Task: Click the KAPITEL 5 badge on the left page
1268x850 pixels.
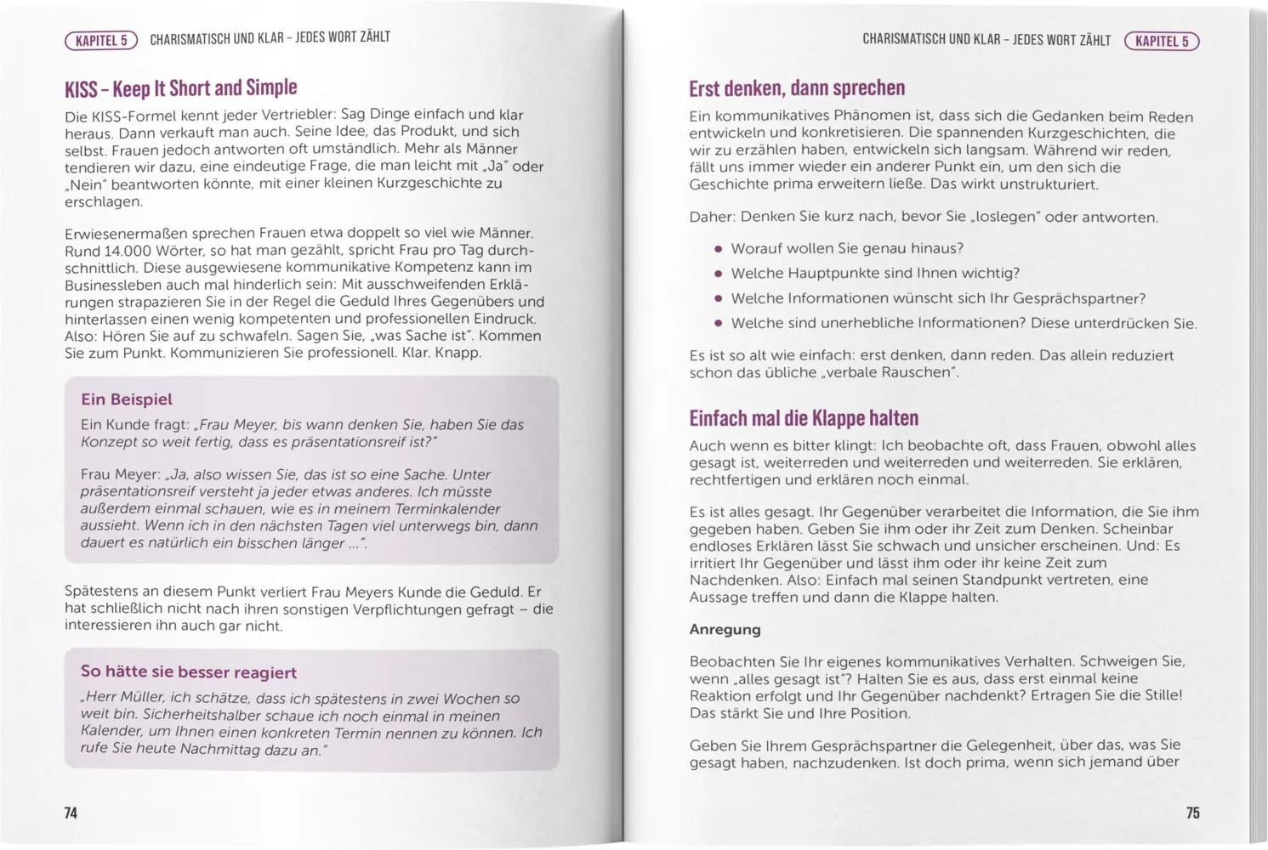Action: coord(100,41)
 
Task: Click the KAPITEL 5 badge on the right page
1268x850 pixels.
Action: coord(1162,42)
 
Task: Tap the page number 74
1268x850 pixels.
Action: coord(71,813)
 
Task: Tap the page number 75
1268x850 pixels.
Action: coord(1192,813)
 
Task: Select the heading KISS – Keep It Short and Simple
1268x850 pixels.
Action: coord(180,88)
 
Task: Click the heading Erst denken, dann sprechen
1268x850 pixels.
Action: coord(796,88)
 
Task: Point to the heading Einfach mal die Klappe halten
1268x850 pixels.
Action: coord(803,418)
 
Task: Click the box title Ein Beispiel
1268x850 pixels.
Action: coord(126,399)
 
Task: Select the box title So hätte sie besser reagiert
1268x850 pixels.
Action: coord(188,672)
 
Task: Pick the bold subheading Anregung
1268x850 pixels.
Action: coord(725,630)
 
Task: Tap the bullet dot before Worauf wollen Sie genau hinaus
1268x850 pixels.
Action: coord(718,249)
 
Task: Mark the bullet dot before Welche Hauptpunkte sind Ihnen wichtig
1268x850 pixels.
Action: coord(718,274)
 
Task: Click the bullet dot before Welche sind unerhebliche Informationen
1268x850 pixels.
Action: coord(718,324)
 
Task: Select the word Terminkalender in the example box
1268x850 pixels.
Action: coord(447,509)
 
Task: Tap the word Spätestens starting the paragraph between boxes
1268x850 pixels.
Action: coord(100,592)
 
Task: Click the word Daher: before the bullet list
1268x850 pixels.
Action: coord(712,217)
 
